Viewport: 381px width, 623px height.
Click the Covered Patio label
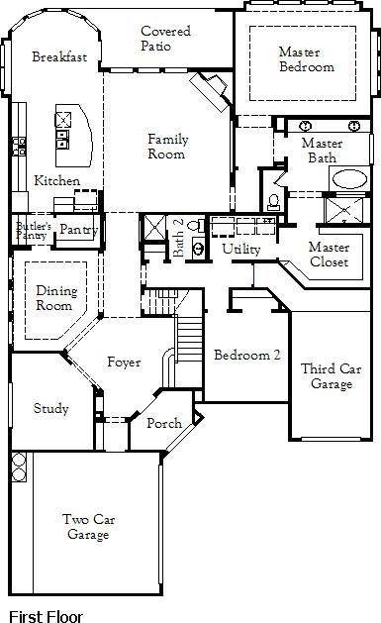[x=165, y=39]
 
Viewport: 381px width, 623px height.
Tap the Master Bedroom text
[x=306, y=59]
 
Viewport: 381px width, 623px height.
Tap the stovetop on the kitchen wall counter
[x=19, y=147]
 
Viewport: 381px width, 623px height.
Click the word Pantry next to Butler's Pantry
[x=75, y=230]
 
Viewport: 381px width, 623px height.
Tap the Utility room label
[x=240, y=249]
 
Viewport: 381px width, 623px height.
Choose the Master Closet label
[x=328, y=254]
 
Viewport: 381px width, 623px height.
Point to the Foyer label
[x=124, y=363]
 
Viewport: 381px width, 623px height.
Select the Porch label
[x=163, y=423]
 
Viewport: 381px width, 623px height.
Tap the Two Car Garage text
[x=86, y=527]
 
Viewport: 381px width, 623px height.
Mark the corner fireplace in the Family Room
[x=214, y=93]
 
